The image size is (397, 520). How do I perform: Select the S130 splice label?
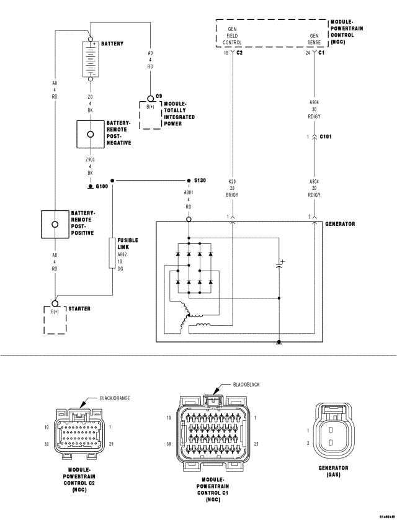point(200,181)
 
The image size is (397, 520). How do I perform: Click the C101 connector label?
point(325,136)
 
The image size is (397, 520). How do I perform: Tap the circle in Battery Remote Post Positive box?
point(55,224)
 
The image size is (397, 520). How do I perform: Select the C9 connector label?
point(159,96)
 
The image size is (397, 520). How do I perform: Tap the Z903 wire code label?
point(91,159)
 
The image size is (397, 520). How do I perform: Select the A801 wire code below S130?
point(188,193)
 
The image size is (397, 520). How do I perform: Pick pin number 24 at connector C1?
point(308,54)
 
